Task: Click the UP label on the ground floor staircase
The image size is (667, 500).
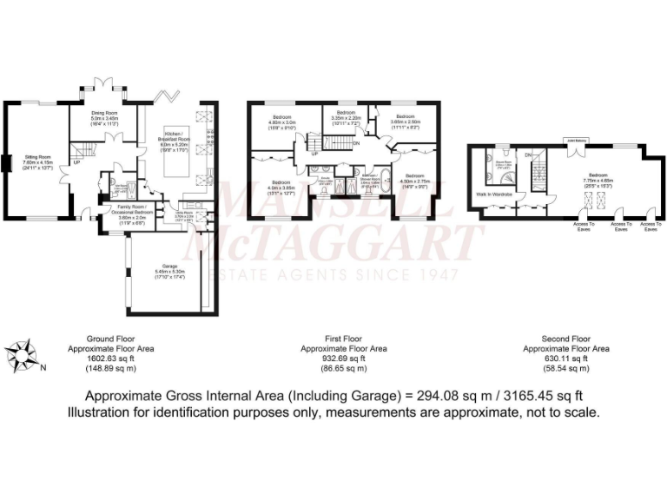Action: [x=76, y=161]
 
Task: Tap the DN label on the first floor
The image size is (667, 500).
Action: [x=356, y=143]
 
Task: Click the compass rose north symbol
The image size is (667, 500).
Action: [x=23, y=355]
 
